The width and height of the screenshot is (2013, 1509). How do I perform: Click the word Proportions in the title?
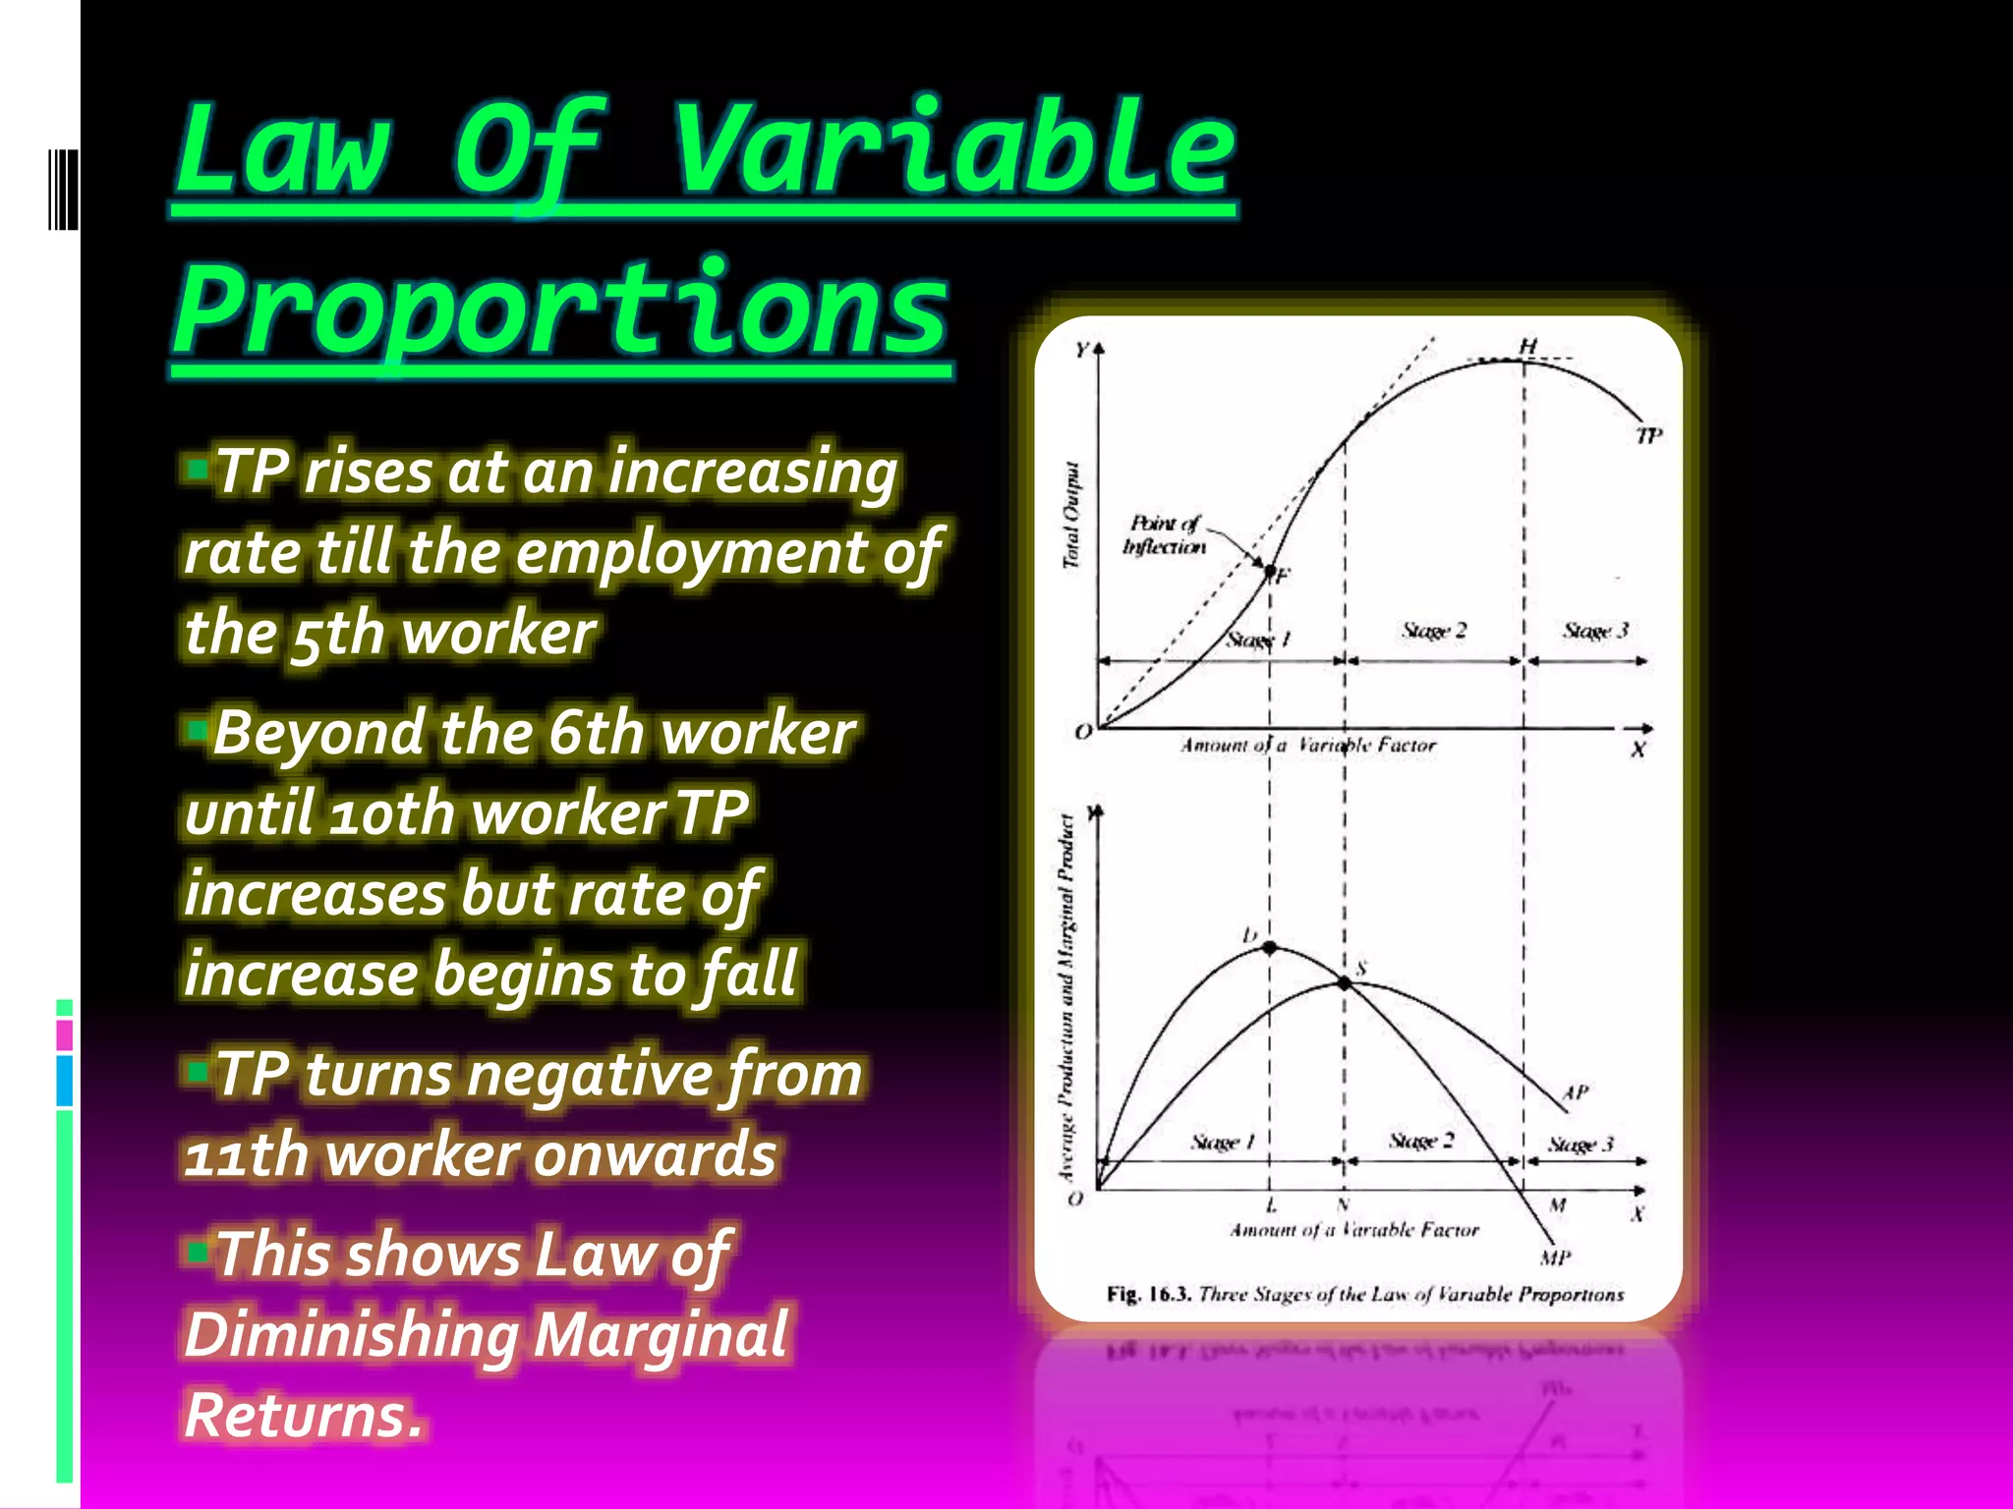pos(561,312)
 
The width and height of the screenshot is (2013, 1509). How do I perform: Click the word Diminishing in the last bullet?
pos(351,1335)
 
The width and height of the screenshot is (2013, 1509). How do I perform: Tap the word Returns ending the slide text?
pos(303,1416)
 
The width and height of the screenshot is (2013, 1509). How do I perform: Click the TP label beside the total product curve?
pos(1648,435)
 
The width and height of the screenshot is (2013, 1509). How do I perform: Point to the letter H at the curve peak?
pos(1527,347)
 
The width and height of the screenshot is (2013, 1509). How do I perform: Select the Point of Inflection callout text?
pos(1164,535)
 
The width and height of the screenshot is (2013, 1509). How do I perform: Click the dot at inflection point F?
pos(1269,571)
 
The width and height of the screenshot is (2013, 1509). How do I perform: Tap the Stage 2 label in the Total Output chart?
pos(1433,631)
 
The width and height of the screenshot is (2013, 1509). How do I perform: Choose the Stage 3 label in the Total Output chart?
pos(1594,631)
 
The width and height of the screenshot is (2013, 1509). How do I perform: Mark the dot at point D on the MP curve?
pos(1269,948)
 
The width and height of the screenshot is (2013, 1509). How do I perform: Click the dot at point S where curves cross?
pos(1345,981)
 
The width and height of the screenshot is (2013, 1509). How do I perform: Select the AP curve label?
pos(1575,1092)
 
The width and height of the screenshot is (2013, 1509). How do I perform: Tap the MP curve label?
pos(1555,1258)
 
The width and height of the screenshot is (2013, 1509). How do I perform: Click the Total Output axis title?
pos(1071,515)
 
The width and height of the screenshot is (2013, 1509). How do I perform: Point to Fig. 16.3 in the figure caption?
pos(1148,1294)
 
